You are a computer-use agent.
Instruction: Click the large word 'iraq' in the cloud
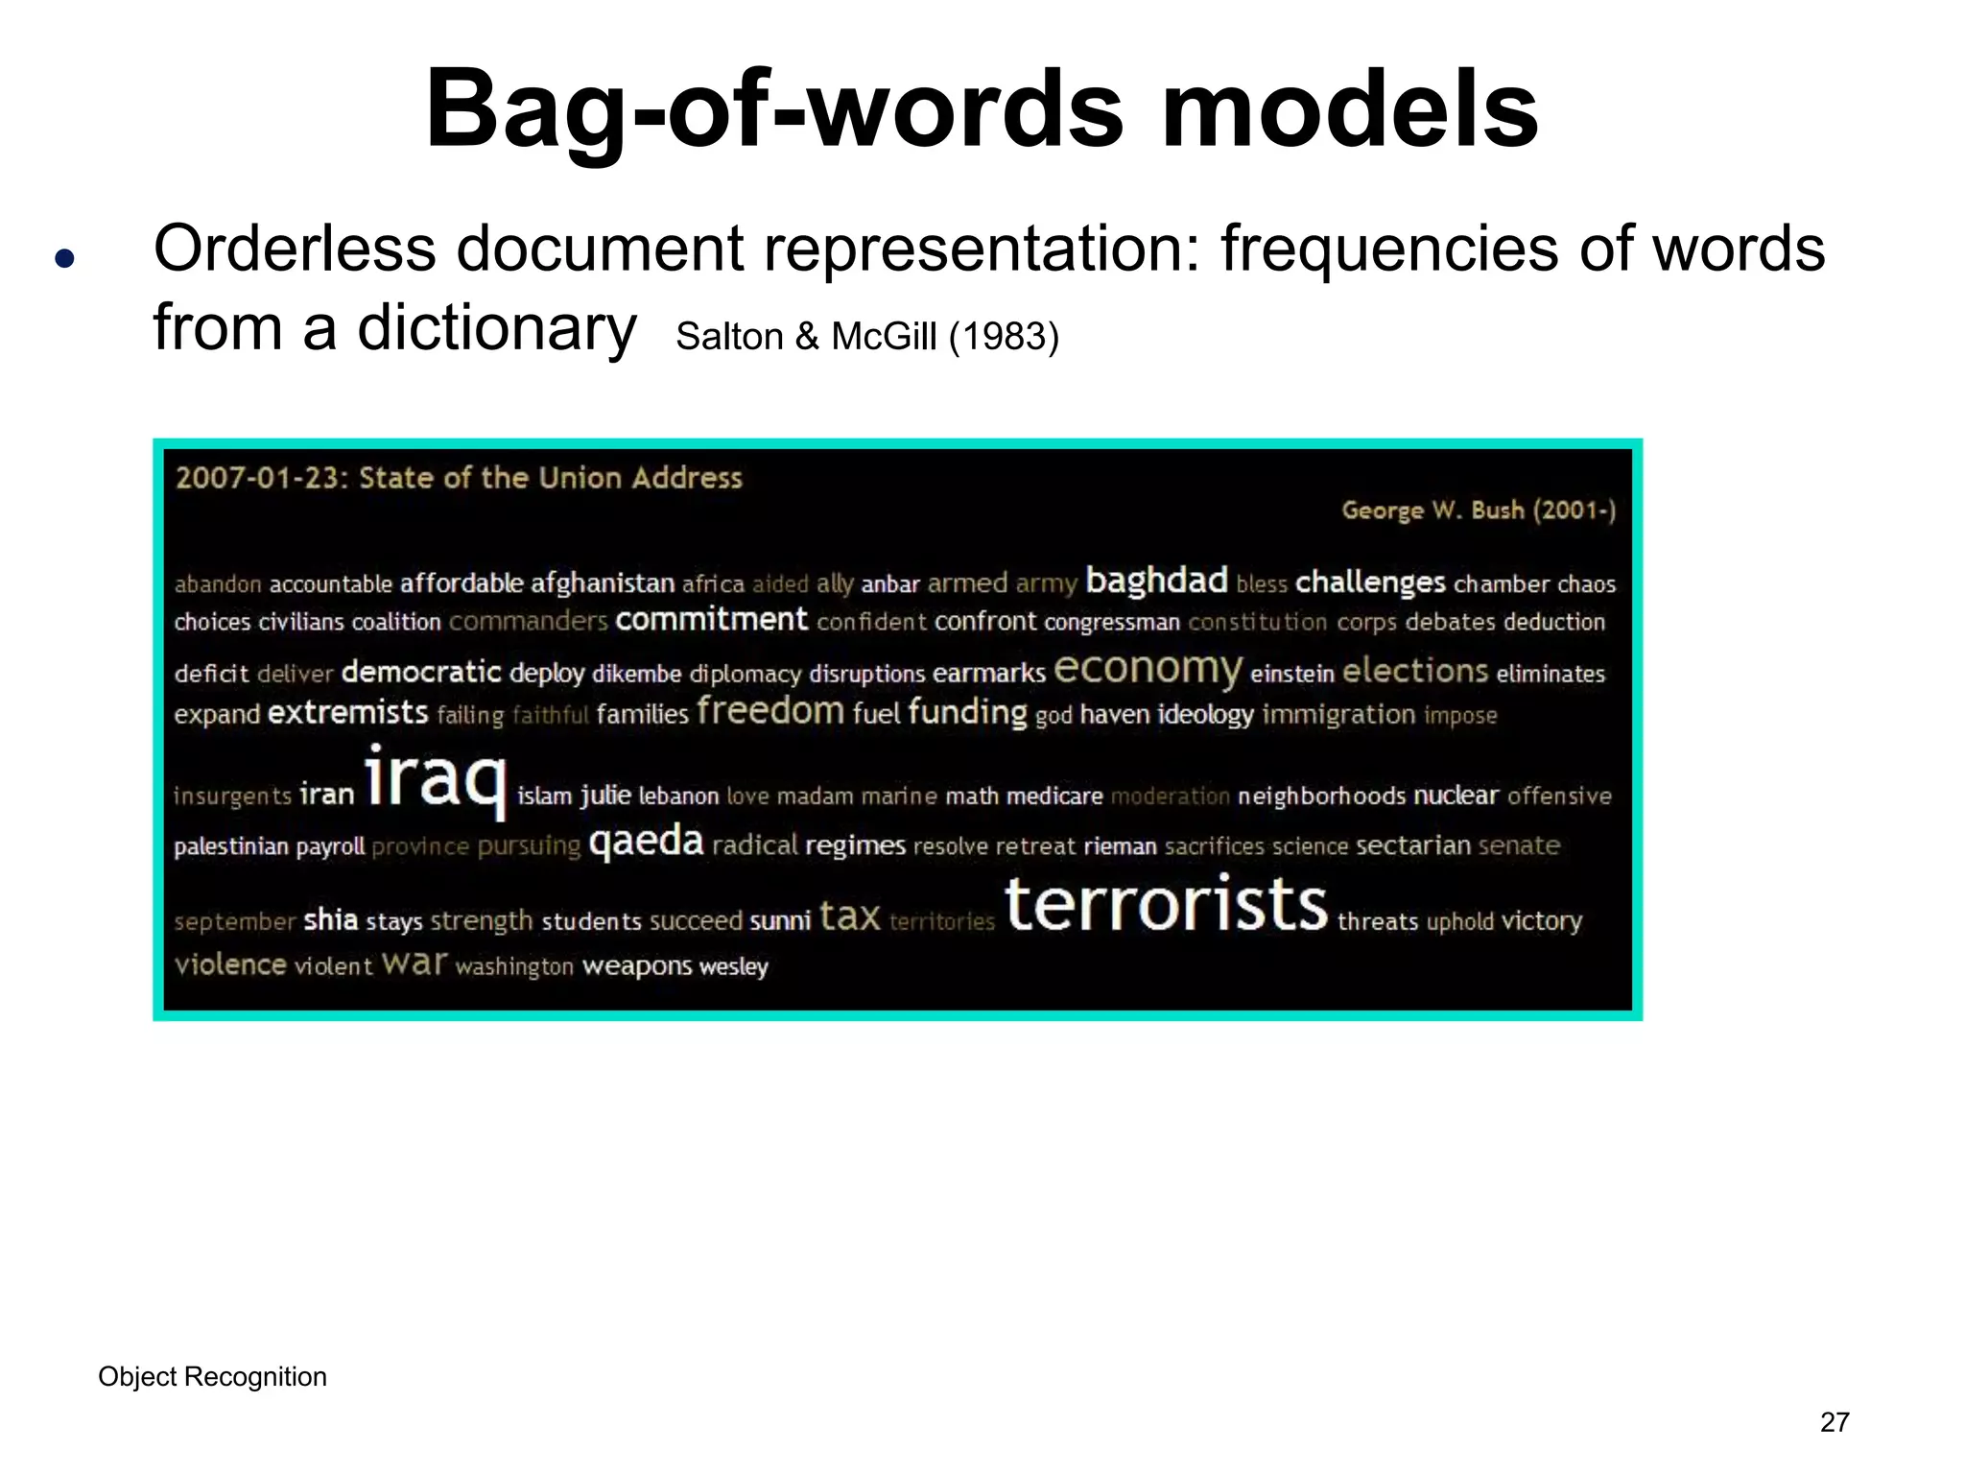click(435, 779)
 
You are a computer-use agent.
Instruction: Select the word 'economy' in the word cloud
click(1148, 669)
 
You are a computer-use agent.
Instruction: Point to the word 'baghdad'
click(1156, 581)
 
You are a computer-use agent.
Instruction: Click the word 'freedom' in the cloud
click(770, 711)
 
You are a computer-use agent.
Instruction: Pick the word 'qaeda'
click(646, 842)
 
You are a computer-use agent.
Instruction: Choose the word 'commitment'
click(711, 620)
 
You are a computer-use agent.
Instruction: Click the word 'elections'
click(1414, 671)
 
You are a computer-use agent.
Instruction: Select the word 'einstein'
click(1291, 674)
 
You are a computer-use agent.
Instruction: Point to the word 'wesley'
click(734, 966)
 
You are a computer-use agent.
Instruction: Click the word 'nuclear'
click(1456, 796)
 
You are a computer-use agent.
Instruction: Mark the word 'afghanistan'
click(603, 583)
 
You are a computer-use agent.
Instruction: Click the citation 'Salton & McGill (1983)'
click(867, 337)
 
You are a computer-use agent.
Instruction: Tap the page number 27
click(1835, 1422)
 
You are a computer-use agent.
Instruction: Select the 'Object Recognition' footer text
click(212, 1377)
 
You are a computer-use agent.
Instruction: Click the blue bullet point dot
click(64, 258)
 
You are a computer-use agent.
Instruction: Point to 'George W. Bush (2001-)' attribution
click(1479, 511)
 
